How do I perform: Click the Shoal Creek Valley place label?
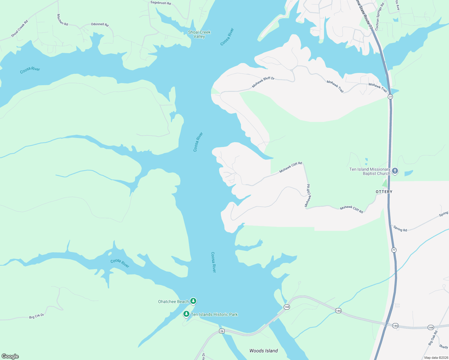199,34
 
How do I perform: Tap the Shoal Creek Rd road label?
20,29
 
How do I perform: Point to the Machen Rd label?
62,20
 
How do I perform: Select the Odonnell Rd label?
100,24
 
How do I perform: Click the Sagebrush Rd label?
161,3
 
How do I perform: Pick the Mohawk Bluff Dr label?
263,82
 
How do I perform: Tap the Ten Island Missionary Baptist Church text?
369,171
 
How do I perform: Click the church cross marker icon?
395,171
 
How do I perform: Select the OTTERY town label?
384,192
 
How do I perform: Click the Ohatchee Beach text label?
173,301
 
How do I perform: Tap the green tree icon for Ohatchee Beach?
193,301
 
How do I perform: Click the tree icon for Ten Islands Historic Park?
186,314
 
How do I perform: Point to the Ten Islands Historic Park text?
214,314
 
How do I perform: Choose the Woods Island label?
264,351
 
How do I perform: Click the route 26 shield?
221,331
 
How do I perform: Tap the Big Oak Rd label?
433,338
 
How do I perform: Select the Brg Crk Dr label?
37,316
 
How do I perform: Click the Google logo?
10,356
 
